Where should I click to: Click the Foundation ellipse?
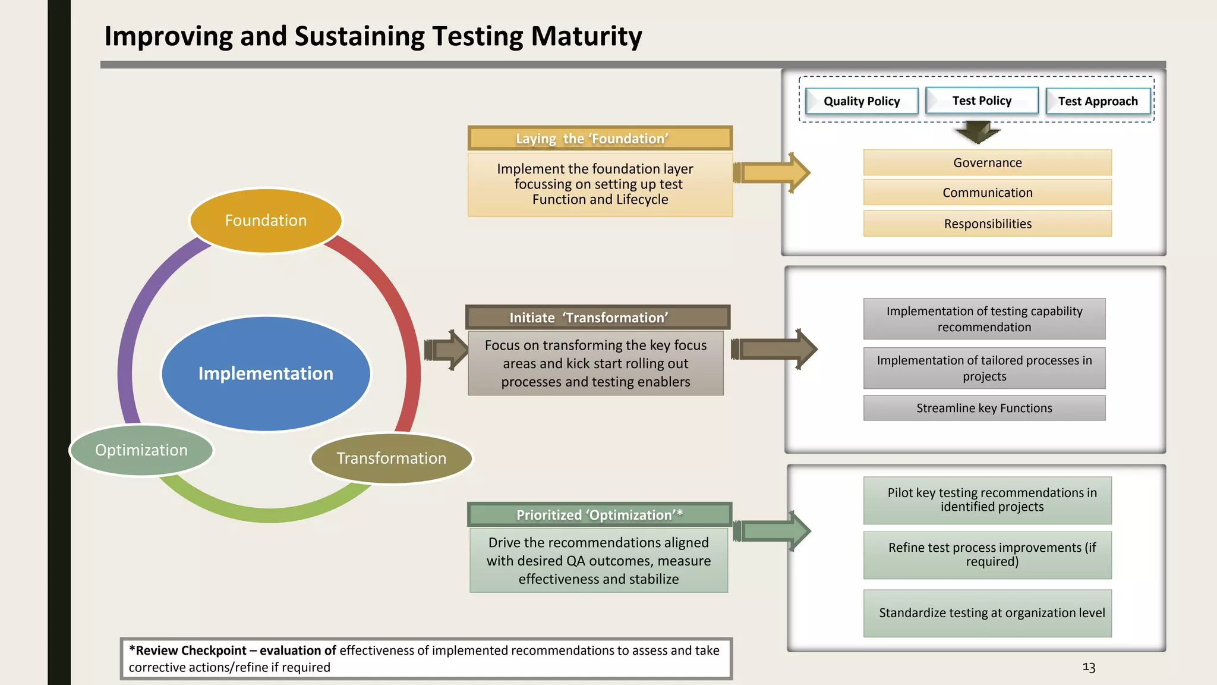pos(266,221)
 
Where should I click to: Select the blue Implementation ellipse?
pos(266,373)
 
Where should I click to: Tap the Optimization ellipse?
pos(141,450)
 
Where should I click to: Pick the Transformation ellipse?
pos(391,458)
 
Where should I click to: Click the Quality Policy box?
pos(862,101)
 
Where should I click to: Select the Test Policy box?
pos(982,100)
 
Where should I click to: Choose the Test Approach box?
pos(1098,101)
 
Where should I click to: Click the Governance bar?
pos(987,163)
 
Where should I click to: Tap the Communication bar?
pos(987,193)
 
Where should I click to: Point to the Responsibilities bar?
pos(987,224)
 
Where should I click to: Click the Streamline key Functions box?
pos(984,408)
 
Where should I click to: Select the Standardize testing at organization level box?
pos(987,613)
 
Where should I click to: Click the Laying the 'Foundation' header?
pos(600,139)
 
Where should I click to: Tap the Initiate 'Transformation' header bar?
pos(597,318)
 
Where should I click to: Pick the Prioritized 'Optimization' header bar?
pos(599,515)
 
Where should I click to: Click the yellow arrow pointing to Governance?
pos(773,173)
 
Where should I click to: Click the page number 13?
pos(1089,667)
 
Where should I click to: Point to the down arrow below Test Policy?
pos(978,133)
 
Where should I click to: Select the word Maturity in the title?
pos(586,36)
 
